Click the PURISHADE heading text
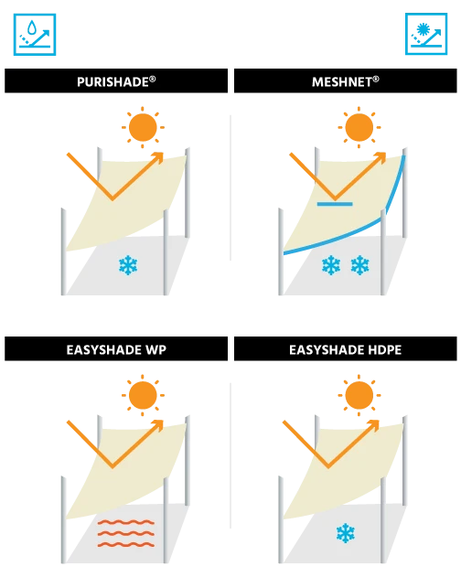(116, 81)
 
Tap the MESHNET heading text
(346, 81)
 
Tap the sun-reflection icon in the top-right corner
(426, 34)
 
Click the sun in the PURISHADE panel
(143, 127)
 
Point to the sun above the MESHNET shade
(359, 127)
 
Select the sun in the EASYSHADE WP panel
(143, 395)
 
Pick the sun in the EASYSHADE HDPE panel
(359, 395)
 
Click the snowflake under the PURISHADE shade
(128, 265)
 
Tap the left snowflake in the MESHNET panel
(331, 265)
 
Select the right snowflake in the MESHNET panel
(359, 265)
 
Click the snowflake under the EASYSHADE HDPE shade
(346, 533)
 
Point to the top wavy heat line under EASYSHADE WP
(126, 521)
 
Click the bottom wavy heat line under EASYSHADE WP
(126, 544)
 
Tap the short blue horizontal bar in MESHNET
(335, 204)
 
